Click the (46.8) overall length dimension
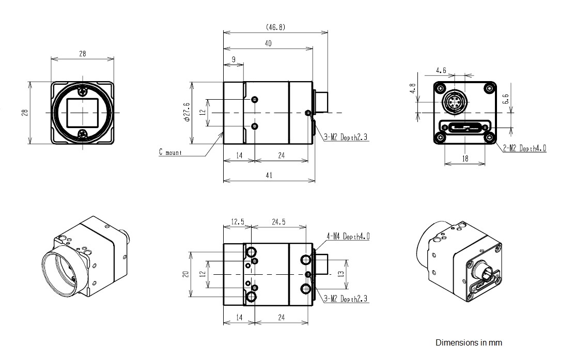pyautogui.click(x=275, y=27)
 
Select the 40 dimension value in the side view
pyautogui.click(x=268, y=43)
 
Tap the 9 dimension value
pyautogui.click(x=234, y=59)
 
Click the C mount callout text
pyautogui.click(x=170, y=152)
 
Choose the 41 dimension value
pyautogui.click(x=269, y=175)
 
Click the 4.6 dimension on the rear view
pyautogui.click(x=441, y=70)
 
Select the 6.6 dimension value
pyautogui.click(x=506, y=99)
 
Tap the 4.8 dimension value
pyautogui.click(x=413, y=88)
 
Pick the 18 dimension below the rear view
pyautogui.click(x=465, y=159)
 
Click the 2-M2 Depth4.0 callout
pyautogui.click(x=524, y=148)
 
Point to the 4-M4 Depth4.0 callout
pyautogui.click(x=348, y=236)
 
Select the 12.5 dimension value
pyautogui.click(x=238, y=222)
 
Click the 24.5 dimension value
pyautogui.click(x=278, y=222)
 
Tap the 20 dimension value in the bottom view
pyautogui.click(x=186, y=274)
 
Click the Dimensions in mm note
pyautogui.click(x=469, y=343)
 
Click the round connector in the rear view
pyautogui.click(x=454, y=101)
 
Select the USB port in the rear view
pyautogui.click(x=464, y=128)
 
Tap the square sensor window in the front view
pyautogui.click(x=83, y=112)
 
